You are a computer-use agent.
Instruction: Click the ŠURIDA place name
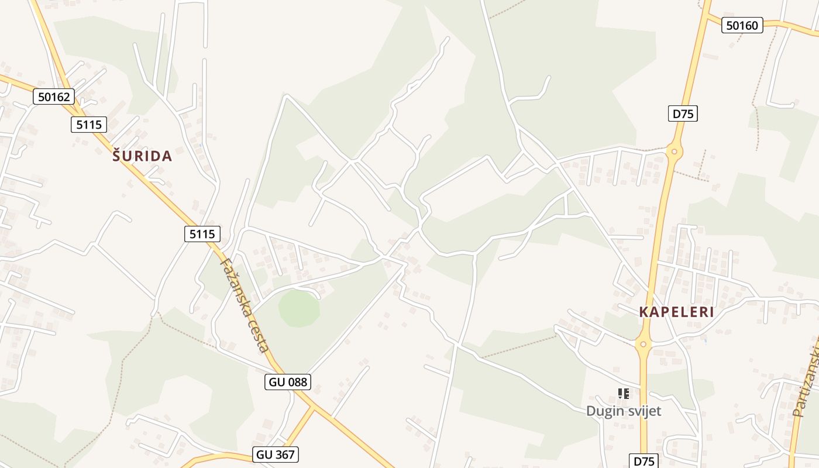[x=142, y=156]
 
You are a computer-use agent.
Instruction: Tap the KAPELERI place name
[x=676, y=312]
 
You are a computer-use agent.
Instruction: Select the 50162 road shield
[x=54, y=97]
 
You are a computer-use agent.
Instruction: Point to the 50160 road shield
[x=742, y=25]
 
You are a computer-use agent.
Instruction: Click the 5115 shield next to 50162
[x=89, y=124]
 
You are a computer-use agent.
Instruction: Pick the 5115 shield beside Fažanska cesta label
[x=202, y=234]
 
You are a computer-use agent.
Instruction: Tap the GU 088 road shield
[x=287, y=382]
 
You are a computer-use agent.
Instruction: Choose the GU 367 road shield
[x=276, y=454]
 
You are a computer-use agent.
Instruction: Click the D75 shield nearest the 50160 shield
[x=683, y=113]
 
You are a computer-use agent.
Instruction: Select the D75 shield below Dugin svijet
[x=644, y=460]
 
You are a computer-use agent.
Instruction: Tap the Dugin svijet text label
[x=624, y=411]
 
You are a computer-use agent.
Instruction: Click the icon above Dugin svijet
[x=624, y=394]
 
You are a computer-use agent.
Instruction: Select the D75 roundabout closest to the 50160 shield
[x=675, y=152]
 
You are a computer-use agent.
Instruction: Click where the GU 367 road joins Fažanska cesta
[x=313, y=407]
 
